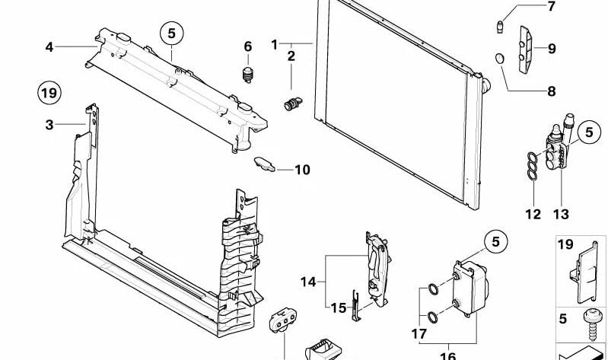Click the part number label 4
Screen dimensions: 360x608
tap(49, 47)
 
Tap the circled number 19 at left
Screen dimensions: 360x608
tap(49, 94)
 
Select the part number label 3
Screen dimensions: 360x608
tap(49, 124)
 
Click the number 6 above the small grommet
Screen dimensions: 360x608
tap(247, 47)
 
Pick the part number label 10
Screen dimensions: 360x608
tap(302, 170)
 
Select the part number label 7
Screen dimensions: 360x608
tap(551, 8)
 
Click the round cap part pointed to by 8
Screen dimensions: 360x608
tap(501, 58)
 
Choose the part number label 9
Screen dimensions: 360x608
tap(551, 49)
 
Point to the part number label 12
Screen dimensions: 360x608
tap(532, 215)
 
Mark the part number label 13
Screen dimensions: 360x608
tap(561, 215)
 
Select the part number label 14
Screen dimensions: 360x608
tap(307, 282)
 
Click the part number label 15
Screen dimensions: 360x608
tap(338, 307)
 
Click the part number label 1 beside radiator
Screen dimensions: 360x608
tap(275, 45)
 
